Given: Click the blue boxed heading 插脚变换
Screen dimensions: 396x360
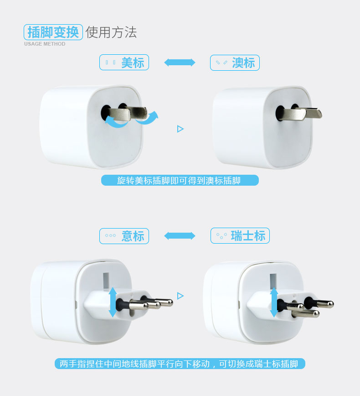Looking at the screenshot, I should click(x=53, y=32).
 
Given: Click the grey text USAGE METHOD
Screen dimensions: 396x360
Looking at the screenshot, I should click(x=45, y=44).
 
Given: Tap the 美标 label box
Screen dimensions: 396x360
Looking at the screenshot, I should click(x=124, y=63).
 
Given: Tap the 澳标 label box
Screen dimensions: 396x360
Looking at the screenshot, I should click(x=235, y=63).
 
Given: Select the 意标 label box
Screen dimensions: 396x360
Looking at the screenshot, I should click(x=124, y=236).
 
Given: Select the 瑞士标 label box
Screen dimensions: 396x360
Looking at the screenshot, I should click(x=240, y=236).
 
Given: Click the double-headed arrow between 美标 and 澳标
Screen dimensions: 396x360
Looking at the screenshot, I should click(x=180, y=63).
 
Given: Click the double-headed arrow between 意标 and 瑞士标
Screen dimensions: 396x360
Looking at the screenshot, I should click(x=180, y=236).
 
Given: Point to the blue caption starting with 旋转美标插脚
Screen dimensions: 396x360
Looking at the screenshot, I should click(x=180, y=181).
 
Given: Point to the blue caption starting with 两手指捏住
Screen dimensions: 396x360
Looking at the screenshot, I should click(x=180, y=364).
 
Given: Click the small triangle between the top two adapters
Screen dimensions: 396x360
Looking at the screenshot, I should click(x=180, y=129).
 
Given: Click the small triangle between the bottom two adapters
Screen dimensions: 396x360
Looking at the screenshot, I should click(x=180, y=296).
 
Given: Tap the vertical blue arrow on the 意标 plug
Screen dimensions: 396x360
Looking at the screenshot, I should click(x=113, y=302).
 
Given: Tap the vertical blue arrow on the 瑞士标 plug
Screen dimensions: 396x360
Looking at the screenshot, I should click(x=274, y=302).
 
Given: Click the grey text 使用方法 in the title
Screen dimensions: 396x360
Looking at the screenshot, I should click(x=111, y=32).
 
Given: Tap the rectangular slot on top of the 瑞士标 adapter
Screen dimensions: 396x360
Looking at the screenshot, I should click(x=273, y=280).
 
